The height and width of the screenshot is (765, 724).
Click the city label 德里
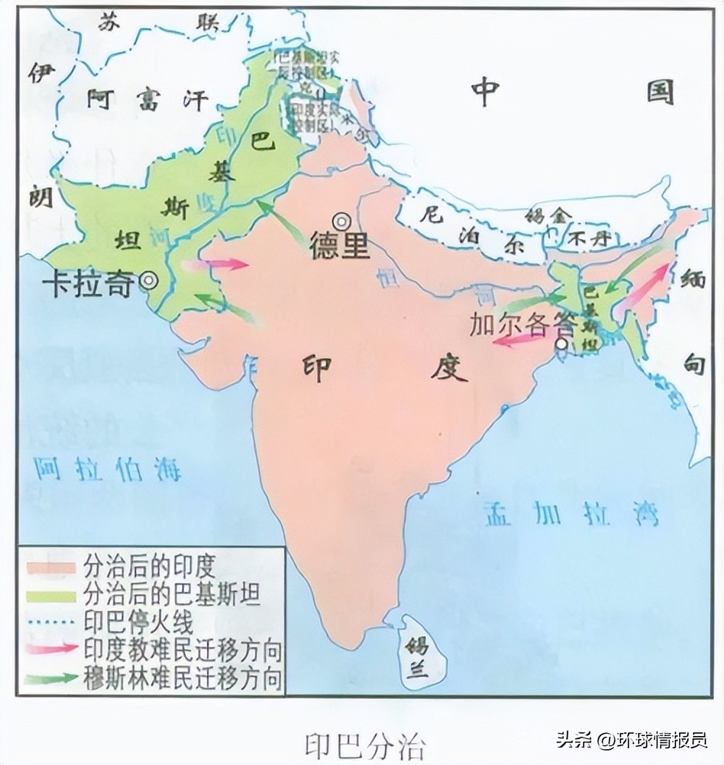coord(339,246)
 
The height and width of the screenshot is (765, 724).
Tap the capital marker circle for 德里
coord(340,220)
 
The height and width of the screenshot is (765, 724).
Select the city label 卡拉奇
coord(88,283)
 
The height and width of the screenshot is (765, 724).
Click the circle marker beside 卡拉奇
coord(148,280)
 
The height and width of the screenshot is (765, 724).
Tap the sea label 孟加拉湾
coord(570,514)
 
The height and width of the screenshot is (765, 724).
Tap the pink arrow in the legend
coord(51,648)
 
